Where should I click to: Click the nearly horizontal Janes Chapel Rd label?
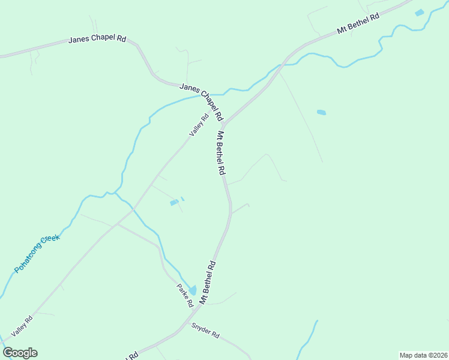[97, 39]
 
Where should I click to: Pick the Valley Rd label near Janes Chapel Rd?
[198, 125]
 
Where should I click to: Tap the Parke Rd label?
[184, 295]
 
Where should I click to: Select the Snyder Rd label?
[205, 330]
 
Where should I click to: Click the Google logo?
[20, 353]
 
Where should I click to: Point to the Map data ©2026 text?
[423, 355]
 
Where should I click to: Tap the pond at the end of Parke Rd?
[192, 290]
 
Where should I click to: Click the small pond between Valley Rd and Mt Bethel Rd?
[174, 203]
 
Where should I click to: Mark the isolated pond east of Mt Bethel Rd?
[321, 112]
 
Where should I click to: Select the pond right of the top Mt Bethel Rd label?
[419, 13]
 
